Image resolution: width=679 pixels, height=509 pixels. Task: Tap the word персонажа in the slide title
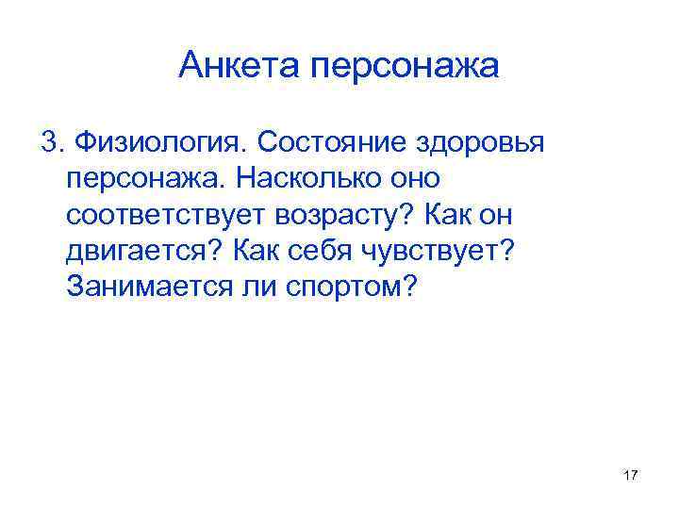pos(410,67)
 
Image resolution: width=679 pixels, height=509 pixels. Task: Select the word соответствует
pos(165,214)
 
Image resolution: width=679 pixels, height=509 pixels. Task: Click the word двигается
pos(143,251)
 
